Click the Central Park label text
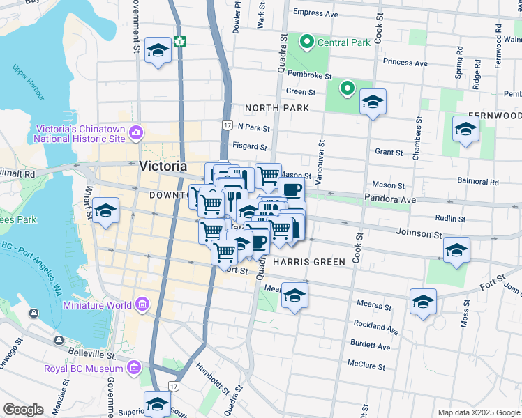[x=343, y=42]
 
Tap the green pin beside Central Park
[x=306, y=42]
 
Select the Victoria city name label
[x=163, y=167]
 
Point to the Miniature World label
[x=97, y=305]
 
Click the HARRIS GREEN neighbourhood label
[x=309, y=262]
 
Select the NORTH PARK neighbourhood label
[x=276, y=108]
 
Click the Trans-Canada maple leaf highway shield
[x=180, y=41]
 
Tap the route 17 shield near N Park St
[x=227, y=125]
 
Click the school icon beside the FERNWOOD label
[x=465, y=129]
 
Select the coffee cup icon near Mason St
[x=291, y=189]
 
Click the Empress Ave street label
[x=315, y=13]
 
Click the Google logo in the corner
[x=23, y=410]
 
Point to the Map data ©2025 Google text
[x=478, y=412]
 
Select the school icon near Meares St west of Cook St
[x=294, y=295]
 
